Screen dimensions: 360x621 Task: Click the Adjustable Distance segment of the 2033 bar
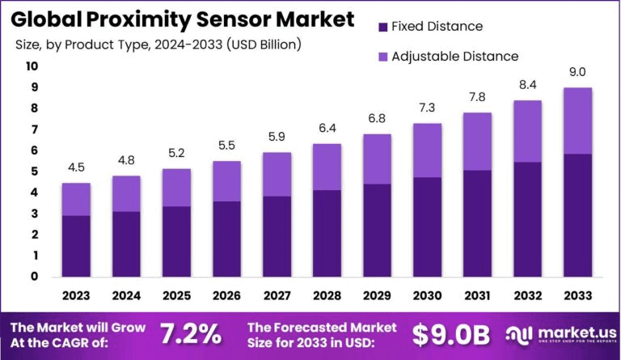pyautogui.click(x=577, y=121)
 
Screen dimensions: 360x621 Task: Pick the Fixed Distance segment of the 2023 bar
pyautogui.click(x=76, y=246)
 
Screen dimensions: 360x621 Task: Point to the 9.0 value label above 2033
pyautogui.click(x=577, y=71)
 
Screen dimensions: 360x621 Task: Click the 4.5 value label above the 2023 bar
pyautogui.click(x=76, y=167)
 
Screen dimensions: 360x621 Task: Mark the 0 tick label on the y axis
pyautogui.click(x=34, y=277)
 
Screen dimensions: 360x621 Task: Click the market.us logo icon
pyautogui.click(x=519, y=333)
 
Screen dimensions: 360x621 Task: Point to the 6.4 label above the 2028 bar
pyautogui.click(x=327, y=128)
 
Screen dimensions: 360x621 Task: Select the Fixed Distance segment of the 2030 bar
pyautogui.click(x=427, y=227)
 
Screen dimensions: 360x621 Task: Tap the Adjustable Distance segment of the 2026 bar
pyautogui.click(x=226, y=181)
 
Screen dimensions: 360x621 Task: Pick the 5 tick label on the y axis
pyautogui.click(x=34, y=172)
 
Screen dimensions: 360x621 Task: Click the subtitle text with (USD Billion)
pyautogui.click(x=158, y=44)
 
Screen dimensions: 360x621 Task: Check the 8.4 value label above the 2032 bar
pyautogui.click(x=527, y=84)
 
